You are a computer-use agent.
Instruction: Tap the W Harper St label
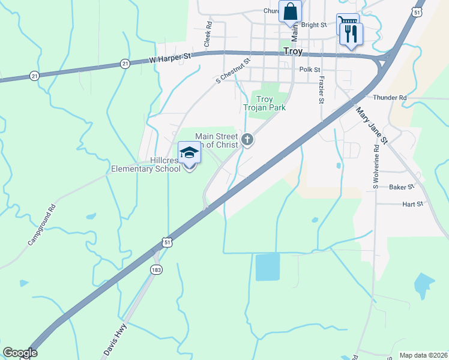pyautogui.click(x=169, y=58)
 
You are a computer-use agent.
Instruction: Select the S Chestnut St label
pyautogui.click(x=233, y=71)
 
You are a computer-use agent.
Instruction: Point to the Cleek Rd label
pyautogui.click(x=208, y=35)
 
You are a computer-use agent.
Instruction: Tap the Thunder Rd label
pyautogui.click(x=389, y=97)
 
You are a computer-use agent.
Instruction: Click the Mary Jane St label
pyautogui.click(x=372, y=125)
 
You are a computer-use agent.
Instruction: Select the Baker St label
pyautogui.click(x=402, y=187)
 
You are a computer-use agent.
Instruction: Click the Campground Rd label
pyautogui.click(x=41, y=225)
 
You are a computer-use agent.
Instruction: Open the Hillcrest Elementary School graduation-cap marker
pyautogui.click(x=189, y=153)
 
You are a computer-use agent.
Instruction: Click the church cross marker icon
pyautogui.click(x=247, y=141)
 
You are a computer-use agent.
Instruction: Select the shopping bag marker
pyautogui.click(x=291, y=12)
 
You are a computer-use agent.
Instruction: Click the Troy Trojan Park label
pyautogui.click(x=264, y=103)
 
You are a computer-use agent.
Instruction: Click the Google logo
pyautogui.click(x=20, y=353)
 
